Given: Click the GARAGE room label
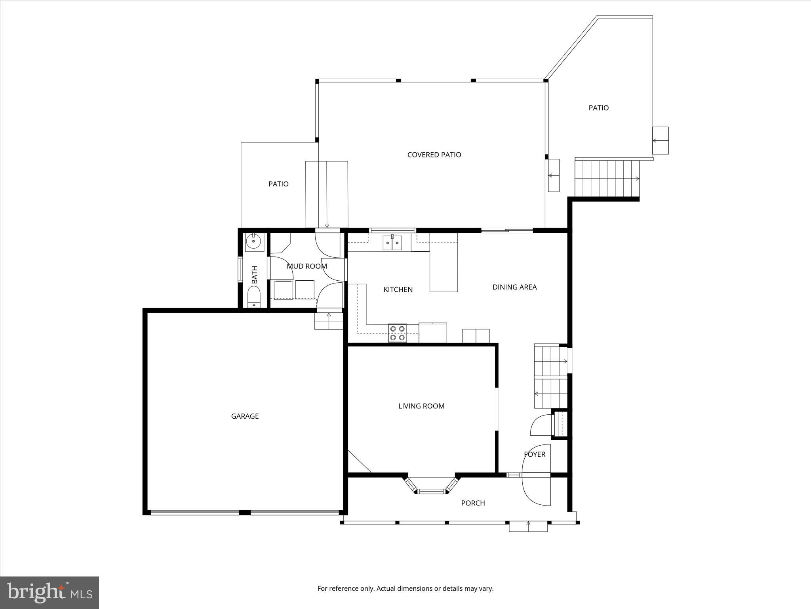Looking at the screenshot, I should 245,416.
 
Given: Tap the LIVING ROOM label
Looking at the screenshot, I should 421,406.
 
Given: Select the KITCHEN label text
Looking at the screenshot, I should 398,290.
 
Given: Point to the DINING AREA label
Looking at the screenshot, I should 514,287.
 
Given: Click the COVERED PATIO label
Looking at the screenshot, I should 434,155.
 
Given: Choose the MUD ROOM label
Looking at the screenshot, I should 307,266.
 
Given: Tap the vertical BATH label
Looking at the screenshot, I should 255,274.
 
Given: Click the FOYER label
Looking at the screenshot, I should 535,454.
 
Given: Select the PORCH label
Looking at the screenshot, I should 473,503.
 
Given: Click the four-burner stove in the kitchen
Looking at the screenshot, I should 398,333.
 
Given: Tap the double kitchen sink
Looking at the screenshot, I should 392,243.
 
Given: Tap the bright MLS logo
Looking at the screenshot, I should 49,592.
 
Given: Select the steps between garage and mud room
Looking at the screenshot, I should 329,321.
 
